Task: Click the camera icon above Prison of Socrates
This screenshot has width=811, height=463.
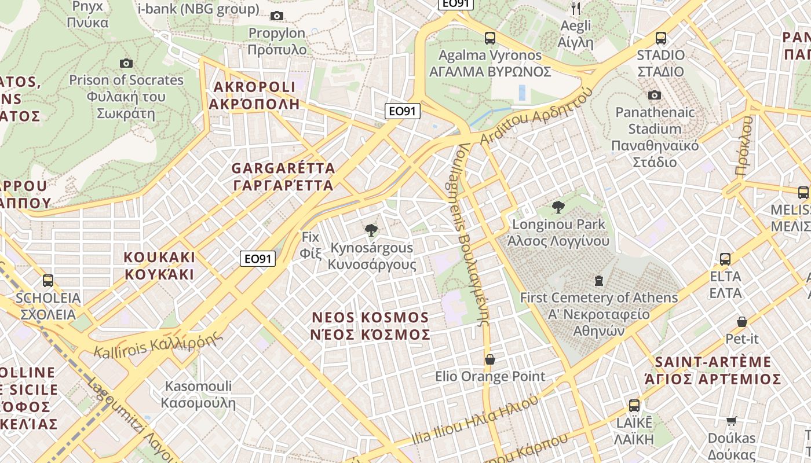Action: [x=126, y=63]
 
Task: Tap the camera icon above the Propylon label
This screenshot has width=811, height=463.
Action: [x=277, y=16]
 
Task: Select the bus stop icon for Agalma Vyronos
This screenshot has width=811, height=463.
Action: [x=490, y=38]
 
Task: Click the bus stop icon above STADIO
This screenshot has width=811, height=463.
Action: [x=660, y=38]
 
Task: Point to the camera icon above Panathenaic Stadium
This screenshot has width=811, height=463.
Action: [x=655, y=95]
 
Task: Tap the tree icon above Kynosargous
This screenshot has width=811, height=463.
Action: [x=371, y=230]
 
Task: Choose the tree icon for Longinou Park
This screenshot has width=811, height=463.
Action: [x=558, y=207]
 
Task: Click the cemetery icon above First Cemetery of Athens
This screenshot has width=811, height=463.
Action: [x=598, y=281]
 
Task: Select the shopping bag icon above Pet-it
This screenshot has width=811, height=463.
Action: [x=741, y=321]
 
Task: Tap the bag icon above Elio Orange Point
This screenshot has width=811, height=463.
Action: [x=490, y=359]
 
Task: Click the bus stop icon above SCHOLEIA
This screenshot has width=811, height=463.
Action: [x=48, y=281]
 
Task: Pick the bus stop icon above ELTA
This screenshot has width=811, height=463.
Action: [x=725, y=259]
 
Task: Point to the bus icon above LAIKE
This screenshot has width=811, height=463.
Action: [x=634, y=405]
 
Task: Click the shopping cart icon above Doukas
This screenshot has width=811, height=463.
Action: [x=732, y=421]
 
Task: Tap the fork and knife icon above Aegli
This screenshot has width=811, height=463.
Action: [x=575, y=8]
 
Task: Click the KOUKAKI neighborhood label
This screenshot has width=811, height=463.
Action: [x=160, y=266]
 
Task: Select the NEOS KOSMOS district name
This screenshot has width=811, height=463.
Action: [x=371, y=326]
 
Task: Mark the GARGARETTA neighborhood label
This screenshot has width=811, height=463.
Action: [x=283, y=177]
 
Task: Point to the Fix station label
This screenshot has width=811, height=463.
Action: [x=310, y=244]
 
